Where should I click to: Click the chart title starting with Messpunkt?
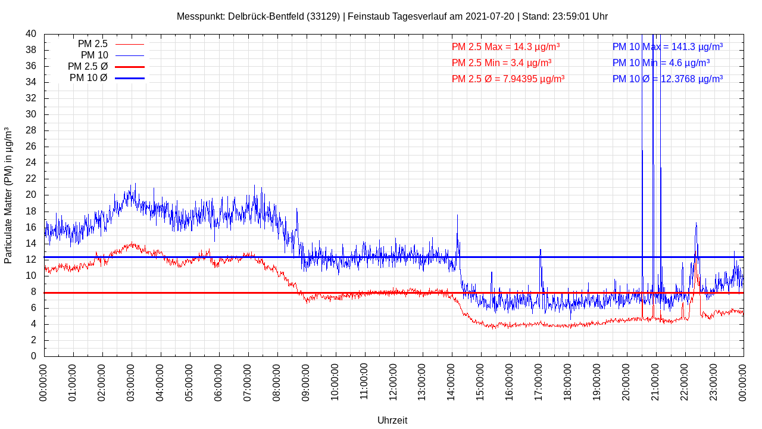pos(392,16)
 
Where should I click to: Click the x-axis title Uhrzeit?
pos(392,420)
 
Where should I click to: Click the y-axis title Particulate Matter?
pos(8,195)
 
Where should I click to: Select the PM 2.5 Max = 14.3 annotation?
pos(505,46)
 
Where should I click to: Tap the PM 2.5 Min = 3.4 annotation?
pos(501,63)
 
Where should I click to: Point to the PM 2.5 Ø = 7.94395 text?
pos(508,79)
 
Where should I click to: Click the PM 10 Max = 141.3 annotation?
pos(667,46)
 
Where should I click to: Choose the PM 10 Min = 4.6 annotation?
pos(661,63)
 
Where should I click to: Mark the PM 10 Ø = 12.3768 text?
pos(667,79)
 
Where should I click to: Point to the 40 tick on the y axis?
pos(31,34)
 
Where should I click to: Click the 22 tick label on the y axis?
pos(31,179)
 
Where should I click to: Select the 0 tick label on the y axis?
pos(33,356)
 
